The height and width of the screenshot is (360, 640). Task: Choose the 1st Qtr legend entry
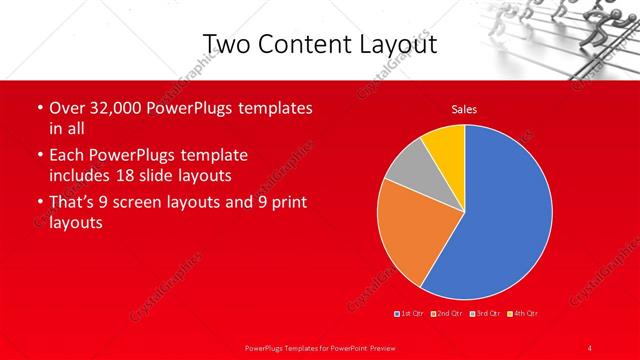point(410,315)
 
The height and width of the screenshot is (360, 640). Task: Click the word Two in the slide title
point(225,44)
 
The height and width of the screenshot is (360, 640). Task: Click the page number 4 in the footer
point(590,347)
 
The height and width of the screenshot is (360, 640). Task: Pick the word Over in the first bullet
point(66,108)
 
